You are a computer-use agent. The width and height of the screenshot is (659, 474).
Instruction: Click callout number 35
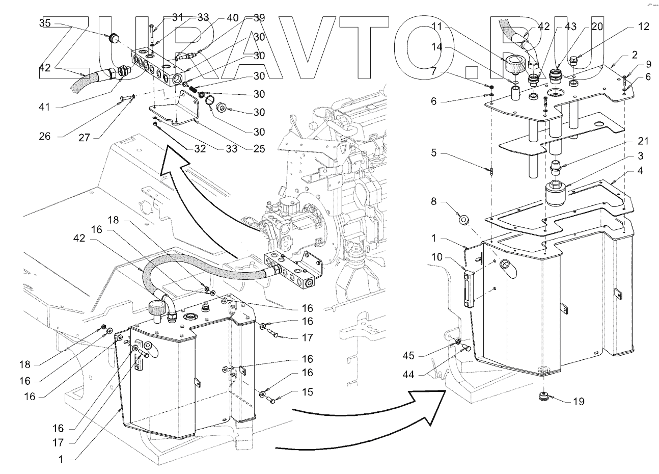(45, 23)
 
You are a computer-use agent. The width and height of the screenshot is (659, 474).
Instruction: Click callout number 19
(578, 402)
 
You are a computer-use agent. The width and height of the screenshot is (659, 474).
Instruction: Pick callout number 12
(644, 27)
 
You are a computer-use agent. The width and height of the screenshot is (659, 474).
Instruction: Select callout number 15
(307, 392)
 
